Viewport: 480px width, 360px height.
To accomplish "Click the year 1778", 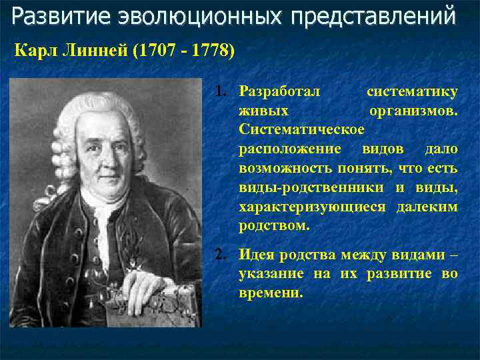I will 209,51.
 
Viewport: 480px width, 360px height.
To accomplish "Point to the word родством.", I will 274,226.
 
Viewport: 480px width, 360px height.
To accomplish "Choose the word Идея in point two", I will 257,253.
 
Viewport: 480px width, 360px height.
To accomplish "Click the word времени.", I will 271,292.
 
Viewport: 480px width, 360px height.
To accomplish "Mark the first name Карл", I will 34,51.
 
